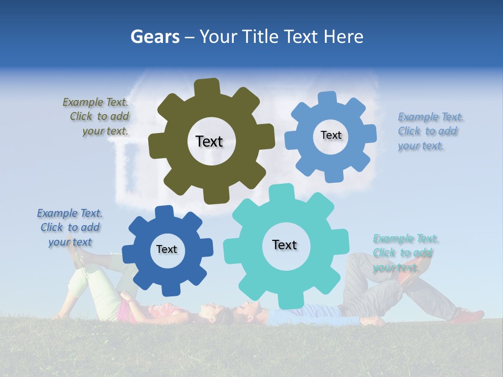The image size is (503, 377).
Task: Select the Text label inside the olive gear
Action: click(x=209, y=141)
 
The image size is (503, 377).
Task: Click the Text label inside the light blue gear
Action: click(x=331, y=135)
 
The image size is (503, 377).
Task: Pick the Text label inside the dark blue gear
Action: click(x=167, y=250)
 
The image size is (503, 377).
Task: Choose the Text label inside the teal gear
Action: click(x=285, y=245)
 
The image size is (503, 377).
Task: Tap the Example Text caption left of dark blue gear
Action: click(x=70, y=227)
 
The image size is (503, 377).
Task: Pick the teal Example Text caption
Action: click(x=404, y=253)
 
